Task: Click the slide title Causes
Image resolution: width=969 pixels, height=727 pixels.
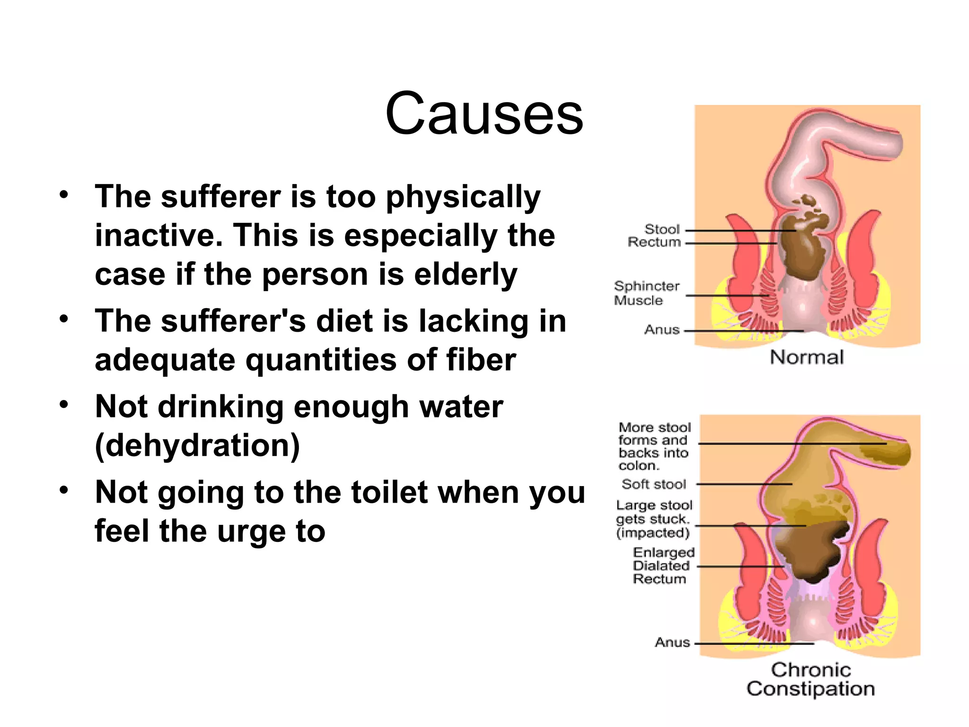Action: [484, 114]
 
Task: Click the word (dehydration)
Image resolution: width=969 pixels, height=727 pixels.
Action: [197, 445]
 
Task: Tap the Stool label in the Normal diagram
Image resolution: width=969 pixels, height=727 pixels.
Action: [662, 230]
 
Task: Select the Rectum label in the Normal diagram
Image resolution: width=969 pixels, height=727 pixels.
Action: [654, 242]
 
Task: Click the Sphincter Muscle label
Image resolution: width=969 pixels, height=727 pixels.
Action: [646, 293]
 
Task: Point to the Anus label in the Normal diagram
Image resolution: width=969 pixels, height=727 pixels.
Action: [661, 330]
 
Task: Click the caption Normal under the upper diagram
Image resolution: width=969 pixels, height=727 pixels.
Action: [806, 357]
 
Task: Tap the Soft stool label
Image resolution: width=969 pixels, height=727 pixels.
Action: [653, 484]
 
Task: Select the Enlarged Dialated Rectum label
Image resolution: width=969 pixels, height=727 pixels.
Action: [663, 566]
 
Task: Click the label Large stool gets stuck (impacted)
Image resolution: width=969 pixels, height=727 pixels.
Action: [653, 519]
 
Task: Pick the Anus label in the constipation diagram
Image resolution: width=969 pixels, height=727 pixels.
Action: [672, 642]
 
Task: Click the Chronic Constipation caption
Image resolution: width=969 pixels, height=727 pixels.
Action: [810, 679]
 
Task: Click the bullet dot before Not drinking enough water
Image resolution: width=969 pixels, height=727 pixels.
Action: [64, 404]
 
